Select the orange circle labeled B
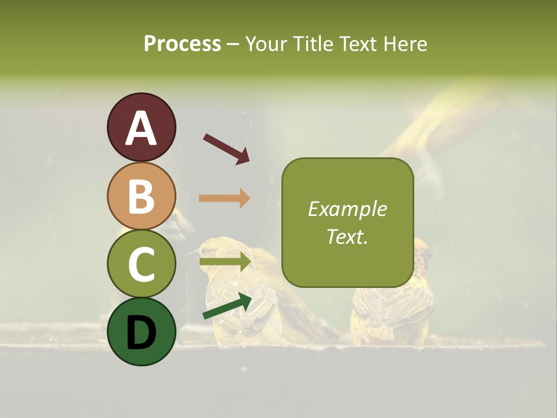tap(142, 196)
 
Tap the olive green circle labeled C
tap(142, 264)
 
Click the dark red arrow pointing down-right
tap(226, 149)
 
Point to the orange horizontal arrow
tap(225, 199)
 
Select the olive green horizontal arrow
tap(225, 262)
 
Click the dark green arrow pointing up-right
tap(227, 305)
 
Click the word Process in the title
tap(182, 44)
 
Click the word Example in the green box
tap(347, 210)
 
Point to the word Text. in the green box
tap(347, 236)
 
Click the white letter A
tap(142, 129)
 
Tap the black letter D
tap(142, 333)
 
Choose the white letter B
tap(142, 196)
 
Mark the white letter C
tap(142, 264)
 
